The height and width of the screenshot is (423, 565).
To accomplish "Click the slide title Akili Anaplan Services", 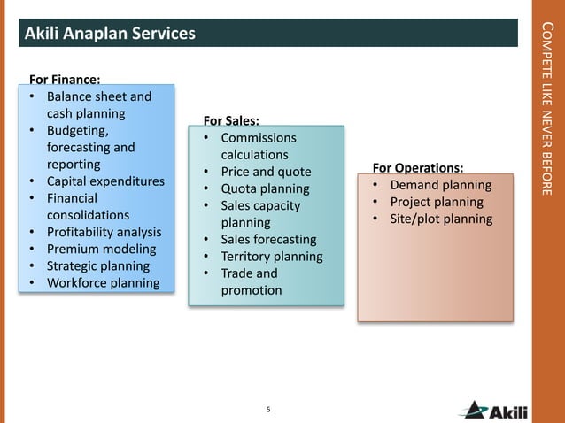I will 110,34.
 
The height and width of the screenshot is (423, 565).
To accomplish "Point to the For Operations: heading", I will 418,167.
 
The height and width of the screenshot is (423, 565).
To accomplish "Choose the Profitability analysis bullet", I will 104,232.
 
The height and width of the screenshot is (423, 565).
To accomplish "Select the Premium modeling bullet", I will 101,249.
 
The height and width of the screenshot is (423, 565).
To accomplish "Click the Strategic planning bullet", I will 97,265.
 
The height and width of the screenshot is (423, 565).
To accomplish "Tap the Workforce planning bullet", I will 103,283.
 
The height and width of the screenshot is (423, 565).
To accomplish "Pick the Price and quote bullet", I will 266,172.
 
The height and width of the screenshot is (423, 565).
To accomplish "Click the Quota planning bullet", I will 265,188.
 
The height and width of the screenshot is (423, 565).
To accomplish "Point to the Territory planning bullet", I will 271,256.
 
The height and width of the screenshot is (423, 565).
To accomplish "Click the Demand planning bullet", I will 440,185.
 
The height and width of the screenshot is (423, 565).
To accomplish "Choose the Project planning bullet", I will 437,202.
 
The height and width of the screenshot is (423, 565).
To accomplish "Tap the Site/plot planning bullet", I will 441,219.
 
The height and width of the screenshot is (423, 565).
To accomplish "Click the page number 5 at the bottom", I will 268,409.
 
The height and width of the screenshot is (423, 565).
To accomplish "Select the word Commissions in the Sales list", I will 259,138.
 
